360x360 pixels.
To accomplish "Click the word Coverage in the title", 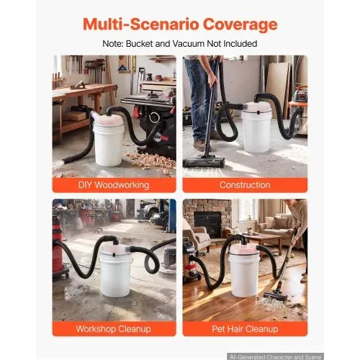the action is pyautogui.click(x=240, y=24).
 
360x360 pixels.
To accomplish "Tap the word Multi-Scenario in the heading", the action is pyautogui.click(x=141, y=24).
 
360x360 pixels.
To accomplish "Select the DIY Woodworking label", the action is pyautogui.click(x=114, y=185).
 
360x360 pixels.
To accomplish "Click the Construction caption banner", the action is pyautogui.click(x=245, y=185).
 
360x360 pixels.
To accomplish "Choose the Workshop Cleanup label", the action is pyautogui.click(x=114, y=329).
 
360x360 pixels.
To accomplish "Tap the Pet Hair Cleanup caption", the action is pyautogui.click(x=245, y=329).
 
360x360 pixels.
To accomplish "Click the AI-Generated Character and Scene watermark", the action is pyautogui.click(x=275, y=356).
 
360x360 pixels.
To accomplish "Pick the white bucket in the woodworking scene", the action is pyautogui.click(x=109, y=143).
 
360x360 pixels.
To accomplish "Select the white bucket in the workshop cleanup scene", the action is pyautogui.click(x=116, y=274).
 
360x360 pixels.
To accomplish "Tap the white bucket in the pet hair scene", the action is pyautogui.click(x=244, y=274).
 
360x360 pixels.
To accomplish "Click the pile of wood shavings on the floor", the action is pyautogui.click(x=150, y=161).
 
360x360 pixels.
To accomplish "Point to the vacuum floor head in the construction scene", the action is pyautogui.click(x=204, y=161).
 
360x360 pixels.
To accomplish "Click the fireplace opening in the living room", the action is pyautogui.click(x=207, y=225).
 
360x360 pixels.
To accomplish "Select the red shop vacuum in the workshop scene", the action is pyautogui.click(x=58, y=250).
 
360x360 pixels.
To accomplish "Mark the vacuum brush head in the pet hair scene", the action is pyautogui.click(x=275, y=297).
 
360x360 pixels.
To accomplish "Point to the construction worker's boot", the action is pyautogui.click(x=199, y=145).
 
